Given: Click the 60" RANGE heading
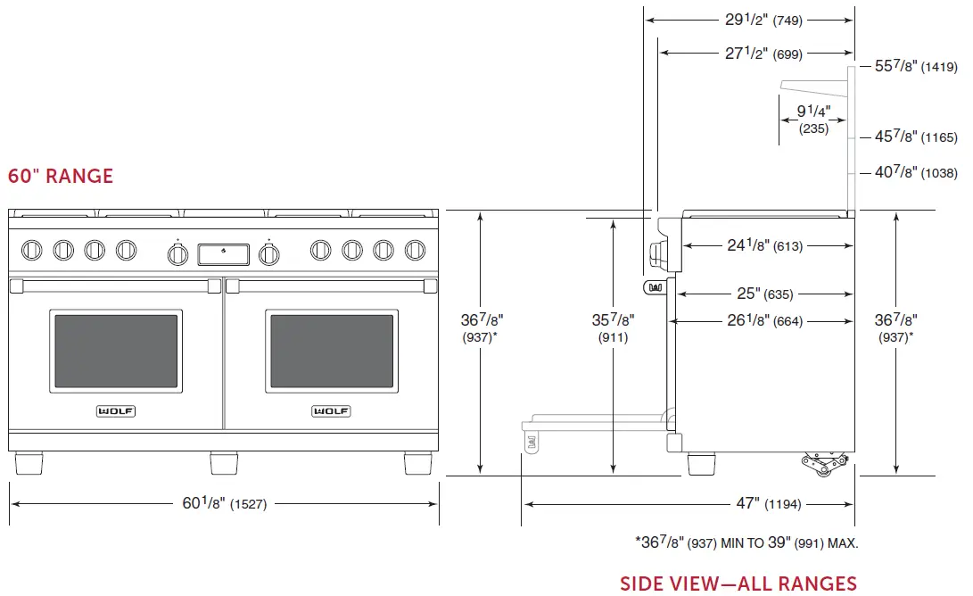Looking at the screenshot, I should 61,176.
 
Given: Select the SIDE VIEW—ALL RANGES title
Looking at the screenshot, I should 738,584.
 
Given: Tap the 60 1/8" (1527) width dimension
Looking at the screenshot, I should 224,504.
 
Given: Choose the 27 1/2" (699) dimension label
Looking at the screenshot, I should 763,54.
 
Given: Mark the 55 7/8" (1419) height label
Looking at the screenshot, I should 915,66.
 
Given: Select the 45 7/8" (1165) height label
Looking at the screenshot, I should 915,137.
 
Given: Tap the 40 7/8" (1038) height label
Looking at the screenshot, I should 915,173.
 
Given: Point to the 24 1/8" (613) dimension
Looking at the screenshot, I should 763,245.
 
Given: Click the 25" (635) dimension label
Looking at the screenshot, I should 764,294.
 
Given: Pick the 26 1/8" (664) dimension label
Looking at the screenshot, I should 763,321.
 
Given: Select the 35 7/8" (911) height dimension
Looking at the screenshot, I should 613,327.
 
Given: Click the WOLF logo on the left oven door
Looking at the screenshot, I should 118,411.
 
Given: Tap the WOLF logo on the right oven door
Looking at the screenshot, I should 331,411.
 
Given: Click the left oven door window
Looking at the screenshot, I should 118,350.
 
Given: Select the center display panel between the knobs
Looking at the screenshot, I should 223,254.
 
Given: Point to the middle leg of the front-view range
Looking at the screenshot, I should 224,463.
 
